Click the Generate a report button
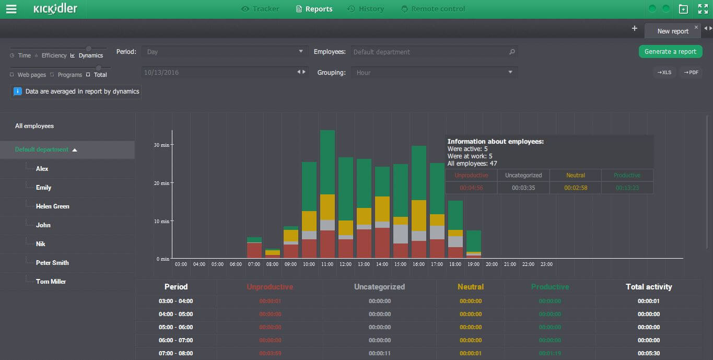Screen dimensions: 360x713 670,52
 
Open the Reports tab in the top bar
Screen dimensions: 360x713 314,9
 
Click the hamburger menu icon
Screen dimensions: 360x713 11,9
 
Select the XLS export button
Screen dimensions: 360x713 664,73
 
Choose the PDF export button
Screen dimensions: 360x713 692,73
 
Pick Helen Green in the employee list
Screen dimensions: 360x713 52,206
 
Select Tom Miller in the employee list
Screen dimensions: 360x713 51,282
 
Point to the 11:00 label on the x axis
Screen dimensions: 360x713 327,264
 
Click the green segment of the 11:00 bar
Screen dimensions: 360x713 328,162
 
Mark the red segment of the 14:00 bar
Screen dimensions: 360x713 382,243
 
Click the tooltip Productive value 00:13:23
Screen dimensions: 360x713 627,188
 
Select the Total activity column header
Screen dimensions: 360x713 649,287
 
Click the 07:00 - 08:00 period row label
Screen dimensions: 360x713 176,353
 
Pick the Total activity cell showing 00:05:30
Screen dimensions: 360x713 649,353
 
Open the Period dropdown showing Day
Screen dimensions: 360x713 225,52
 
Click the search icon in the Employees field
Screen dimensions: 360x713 512,52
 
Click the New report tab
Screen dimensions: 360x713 672,31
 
